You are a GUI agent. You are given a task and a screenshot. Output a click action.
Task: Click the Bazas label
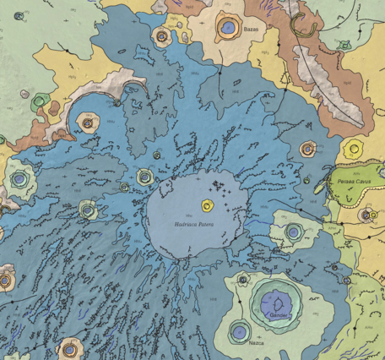pyautogui.click(x=250, y=30)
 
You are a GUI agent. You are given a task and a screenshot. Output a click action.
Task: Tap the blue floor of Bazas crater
pyautogui.click(x=227, y=27)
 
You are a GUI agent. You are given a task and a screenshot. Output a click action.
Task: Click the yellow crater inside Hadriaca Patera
pyautogui.click(x=207, y=205)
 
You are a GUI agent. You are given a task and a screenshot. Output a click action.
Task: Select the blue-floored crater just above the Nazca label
pyautogui.click(x=241, y=330)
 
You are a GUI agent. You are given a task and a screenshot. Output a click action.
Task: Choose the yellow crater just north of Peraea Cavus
pyautogui.click(x=352, y=150)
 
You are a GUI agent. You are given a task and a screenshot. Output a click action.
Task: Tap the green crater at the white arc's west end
pyautogui.click(x=37, y=102)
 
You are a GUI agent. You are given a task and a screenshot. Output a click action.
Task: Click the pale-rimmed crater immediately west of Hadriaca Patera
pyautogui.click(x=145, y=177)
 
